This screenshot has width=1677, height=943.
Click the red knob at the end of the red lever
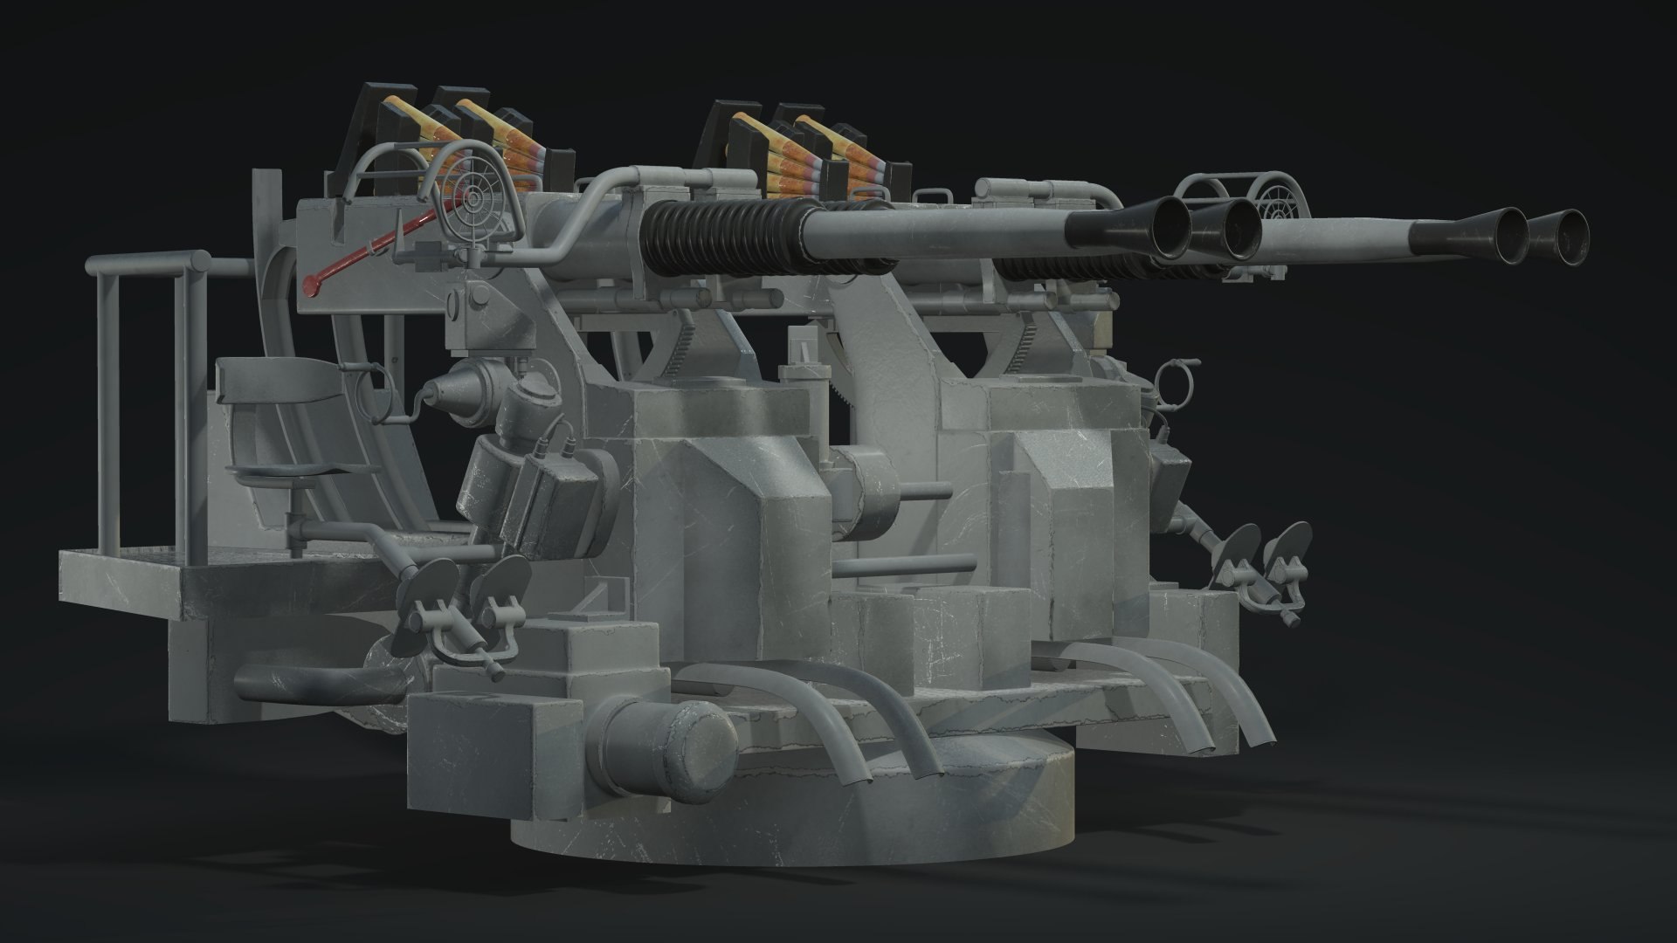coord(308,282)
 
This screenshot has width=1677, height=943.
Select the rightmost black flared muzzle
coord(1561,237)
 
